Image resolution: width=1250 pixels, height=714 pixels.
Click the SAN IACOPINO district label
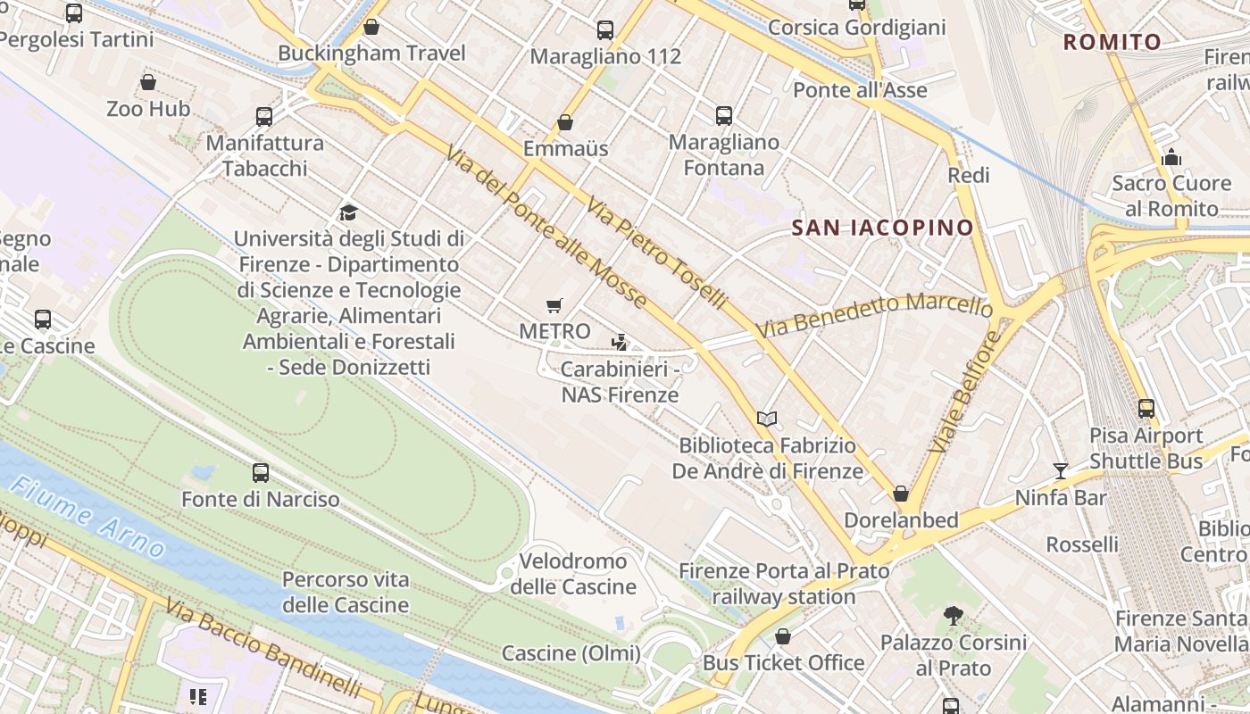click(882, 228)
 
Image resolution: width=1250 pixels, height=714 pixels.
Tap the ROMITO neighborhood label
click(1112, 42)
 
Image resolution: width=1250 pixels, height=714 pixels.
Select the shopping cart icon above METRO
click(554, 306)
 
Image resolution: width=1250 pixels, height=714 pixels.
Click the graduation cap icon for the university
click(348, 212)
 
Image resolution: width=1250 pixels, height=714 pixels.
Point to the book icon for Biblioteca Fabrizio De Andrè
click(766, 419)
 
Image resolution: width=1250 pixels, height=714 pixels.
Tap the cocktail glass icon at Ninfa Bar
click(1060, 470)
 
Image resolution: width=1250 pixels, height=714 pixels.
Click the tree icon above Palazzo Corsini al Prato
click(953, 615)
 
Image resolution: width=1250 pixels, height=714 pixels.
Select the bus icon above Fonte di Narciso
click(260, 473)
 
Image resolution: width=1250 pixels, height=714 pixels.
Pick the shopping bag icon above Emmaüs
click(564, 122)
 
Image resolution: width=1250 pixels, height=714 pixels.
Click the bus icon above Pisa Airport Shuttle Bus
click(1146, 409)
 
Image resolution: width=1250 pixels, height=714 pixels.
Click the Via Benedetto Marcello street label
click(874, 314)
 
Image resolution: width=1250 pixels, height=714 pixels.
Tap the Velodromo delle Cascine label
click(573, 574)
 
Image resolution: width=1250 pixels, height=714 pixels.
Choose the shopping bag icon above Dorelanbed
click(901, 494)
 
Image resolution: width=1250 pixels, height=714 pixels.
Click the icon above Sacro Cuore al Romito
click(1171, 158)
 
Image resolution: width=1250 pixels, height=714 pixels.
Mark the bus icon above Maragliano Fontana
click(723, 116)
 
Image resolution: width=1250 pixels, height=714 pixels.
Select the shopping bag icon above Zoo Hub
click(148, 83)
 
